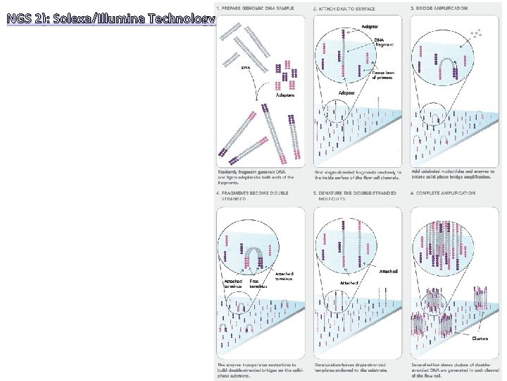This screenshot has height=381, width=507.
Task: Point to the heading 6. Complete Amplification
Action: tap(443, 193)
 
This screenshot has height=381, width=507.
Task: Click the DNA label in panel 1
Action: tap(246, 68)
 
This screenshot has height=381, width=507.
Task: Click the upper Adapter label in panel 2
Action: tap(369, 26)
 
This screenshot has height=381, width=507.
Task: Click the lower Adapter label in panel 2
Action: tap(346, 92)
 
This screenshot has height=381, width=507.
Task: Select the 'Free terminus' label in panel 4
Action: tap(258, 284)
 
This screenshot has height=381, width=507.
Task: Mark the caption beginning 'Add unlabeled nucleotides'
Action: tap(453, 174)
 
